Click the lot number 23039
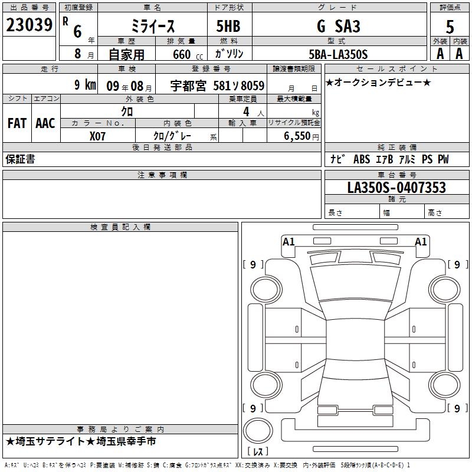29,25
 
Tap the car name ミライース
153,26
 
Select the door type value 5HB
228,26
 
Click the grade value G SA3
338,26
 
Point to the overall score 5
450,27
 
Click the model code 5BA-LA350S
338,54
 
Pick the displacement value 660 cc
188,54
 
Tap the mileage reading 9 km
85,84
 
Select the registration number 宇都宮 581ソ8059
217,86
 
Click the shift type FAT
17,123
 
